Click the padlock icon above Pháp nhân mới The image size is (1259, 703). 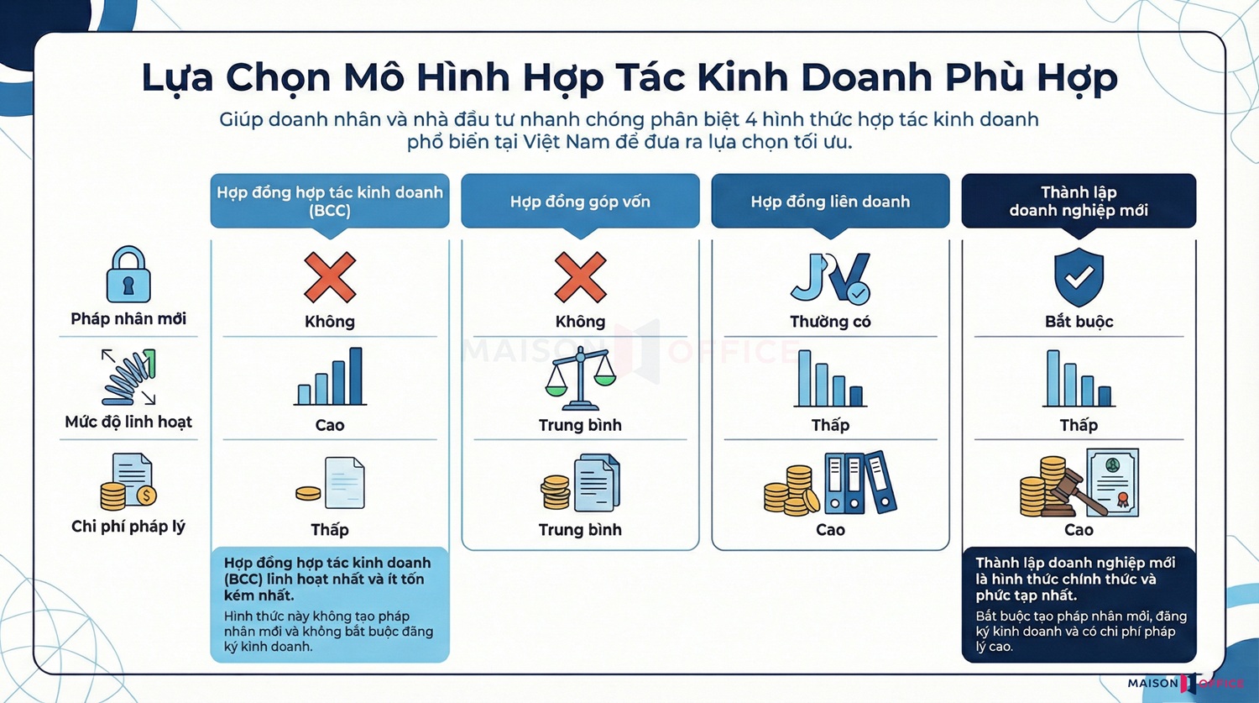(x=128, y=275)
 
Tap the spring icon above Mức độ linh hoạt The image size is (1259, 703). (x=129, y=377)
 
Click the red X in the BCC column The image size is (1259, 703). (x=330, y=277)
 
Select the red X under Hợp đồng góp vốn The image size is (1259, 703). (x=580, y=277)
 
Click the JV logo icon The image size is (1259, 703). (x=830, y=278)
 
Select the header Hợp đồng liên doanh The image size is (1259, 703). (x=830, y=202)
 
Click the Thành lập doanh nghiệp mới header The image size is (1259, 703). (x=1079, y=202)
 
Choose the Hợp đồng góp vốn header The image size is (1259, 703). (x=580, y=202)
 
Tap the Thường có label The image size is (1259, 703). (x=830, y=322)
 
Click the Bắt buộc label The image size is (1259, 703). (x=1079, y=322)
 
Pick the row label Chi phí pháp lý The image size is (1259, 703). (x=128, y=527)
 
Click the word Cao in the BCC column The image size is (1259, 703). (x=330, y=425)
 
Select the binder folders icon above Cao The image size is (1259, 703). (x=859, y=482)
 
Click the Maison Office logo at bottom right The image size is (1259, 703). (x=1185, y=684)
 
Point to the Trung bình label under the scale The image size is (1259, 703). (x=580, y=425)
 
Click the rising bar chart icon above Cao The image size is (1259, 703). (x=330, y=378)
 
